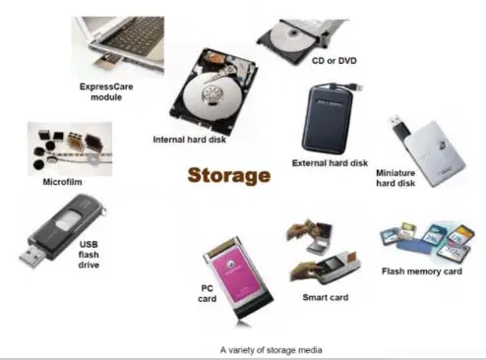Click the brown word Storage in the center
point(229,176)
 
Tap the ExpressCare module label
point(106,91)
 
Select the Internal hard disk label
point(189,140)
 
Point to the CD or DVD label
point(334,61)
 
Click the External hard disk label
point(330,163)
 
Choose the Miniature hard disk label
point(395,178)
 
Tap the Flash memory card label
point(422,271)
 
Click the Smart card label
point(326,297)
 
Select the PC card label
point(207,293)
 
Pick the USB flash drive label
point(89,255)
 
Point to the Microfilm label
point(62,182)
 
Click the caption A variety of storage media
point(271,350)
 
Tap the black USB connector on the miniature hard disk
point(399,125)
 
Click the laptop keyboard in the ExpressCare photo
point(136,36)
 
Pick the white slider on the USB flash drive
point(68,219)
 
